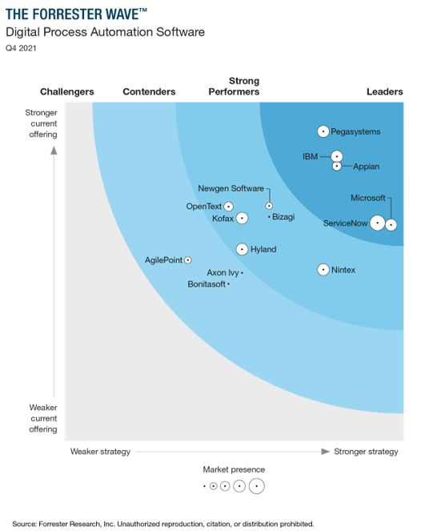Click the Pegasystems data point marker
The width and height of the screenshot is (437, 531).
(x=323, y=131)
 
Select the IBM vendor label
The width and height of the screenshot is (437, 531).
(x=311, y=156)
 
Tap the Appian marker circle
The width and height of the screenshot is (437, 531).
(x=337, y=167)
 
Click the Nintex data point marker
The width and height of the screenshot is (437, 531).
(x=323, y=270)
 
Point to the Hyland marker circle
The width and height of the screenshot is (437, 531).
(x=243, y=249)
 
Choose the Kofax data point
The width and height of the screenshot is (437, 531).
(x=243, y=218)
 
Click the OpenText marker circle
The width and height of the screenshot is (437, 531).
(x=229, y=207)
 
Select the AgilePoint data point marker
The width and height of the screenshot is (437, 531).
(x=188, y=260)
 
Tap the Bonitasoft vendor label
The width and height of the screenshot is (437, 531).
(x=206, y=284)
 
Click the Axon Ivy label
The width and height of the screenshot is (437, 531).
(x=223, y=272)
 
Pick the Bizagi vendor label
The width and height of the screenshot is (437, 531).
(x=283, y=217)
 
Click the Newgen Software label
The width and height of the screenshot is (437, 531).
(x=231, y=188)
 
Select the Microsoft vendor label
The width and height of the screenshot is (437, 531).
(x=367, y=198)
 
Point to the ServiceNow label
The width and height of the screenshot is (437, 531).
(x=345, y=223)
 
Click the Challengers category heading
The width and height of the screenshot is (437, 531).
(x=67, y=92)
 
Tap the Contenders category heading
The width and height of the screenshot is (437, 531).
(x=149, y=92)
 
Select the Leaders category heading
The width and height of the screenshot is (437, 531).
(x=384, y=92)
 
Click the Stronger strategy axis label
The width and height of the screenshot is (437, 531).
(x=366, y=452)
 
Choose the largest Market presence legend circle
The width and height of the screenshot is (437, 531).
(x=256, y=485)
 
